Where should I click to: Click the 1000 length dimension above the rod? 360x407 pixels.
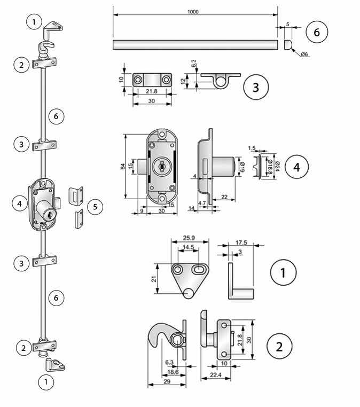tap(194, 11)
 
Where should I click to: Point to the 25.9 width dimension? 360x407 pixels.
tap(189, 237)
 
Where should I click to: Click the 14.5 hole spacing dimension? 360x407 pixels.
tap(189, 247)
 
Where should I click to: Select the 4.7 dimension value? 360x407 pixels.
tap(202, 203)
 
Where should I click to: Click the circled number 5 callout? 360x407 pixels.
tap(95, 207)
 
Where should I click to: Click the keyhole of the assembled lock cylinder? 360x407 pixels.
tap(50, 215)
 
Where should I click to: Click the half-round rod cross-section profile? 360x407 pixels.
tap(288, 44)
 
